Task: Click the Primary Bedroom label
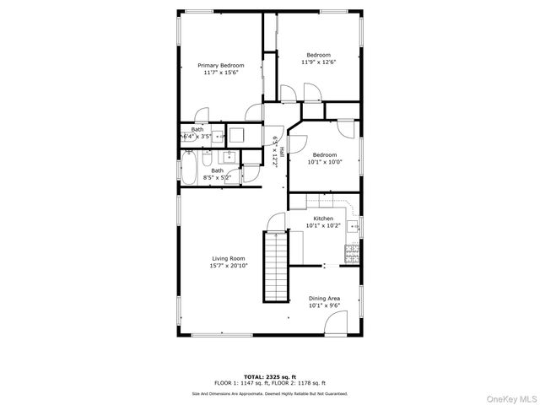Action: coord(221,65)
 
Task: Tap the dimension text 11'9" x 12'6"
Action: coord(318,62)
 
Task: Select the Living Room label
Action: coord(228,258)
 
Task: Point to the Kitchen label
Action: coord(323,219)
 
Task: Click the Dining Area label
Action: coord(324,299)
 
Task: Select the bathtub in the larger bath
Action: coord(188,167)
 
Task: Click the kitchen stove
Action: coord(352,252)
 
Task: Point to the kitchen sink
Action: coord(355,225)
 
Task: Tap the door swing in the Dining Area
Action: coord(336,322)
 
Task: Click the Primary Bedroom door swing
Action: coord(202,116)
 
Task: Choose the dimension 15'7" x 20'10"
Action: coord(228,266)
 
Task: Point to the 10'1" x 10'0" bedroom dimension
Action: coord(325,162)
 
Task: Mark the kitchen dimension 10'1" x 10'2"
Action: coord(323,225)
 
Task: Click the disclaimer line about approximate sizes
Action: coord(270,393)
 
